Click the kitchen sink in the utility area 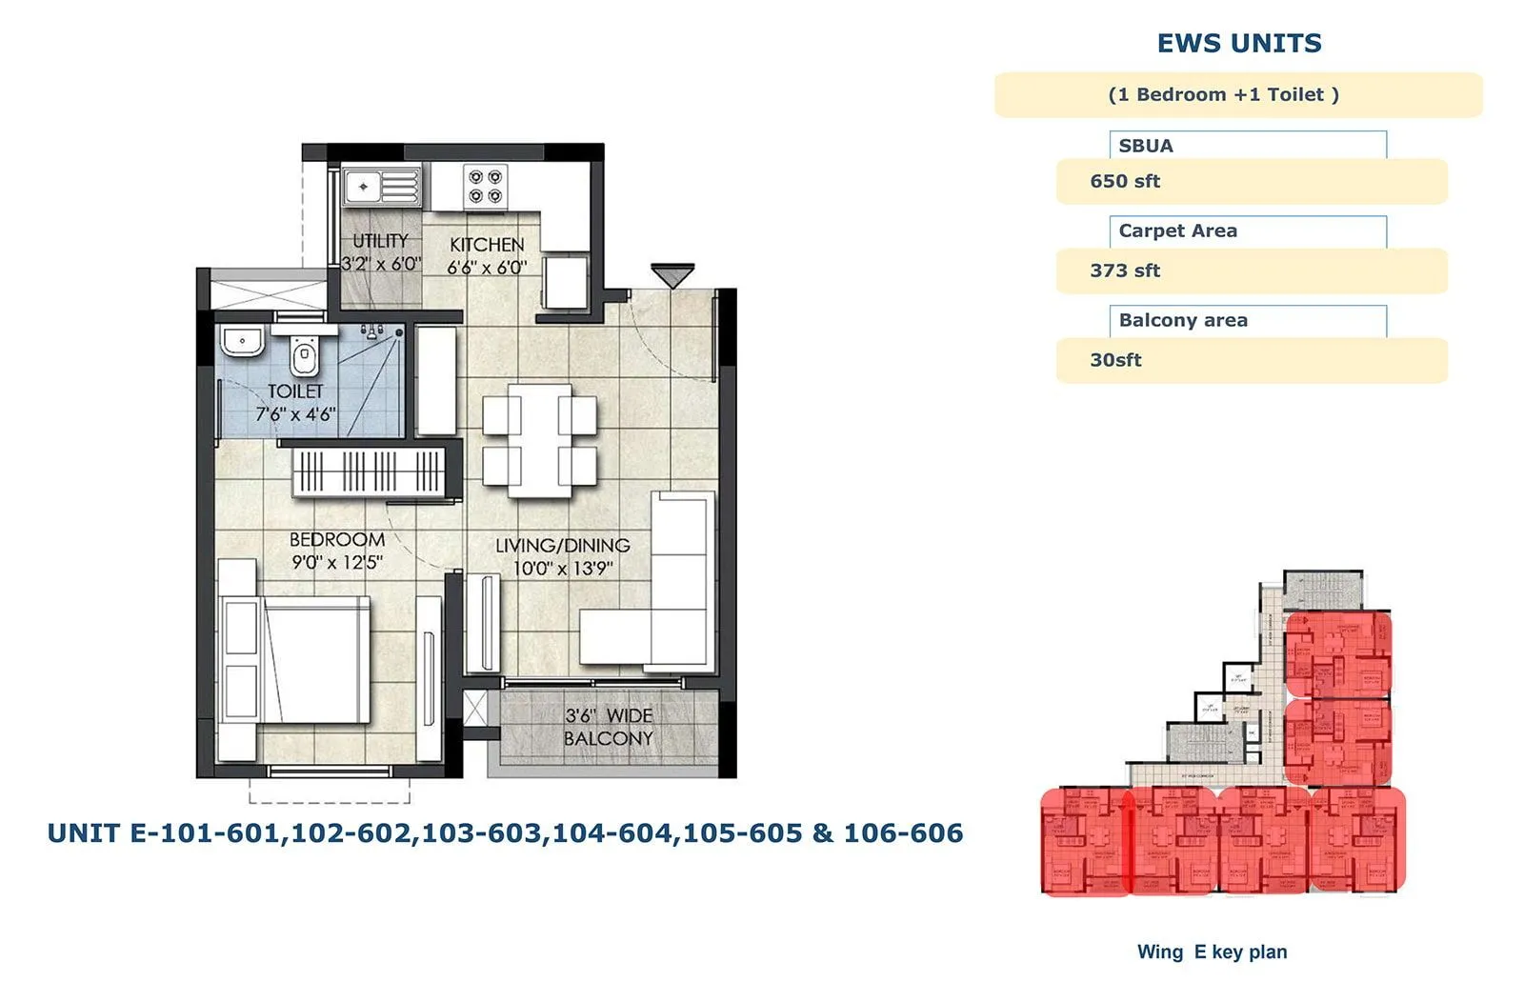[x=381, y=187]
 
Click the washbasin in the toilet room [x=243, y=340]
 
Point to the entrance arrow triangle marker [x=672, y=275]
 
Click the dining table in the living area [x=540, y=440]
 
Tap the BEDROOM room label [x=337, y=539]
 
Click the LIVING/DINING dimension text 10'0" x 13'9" [x=563, y=569]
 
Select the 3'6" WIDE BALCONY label [x=609, y=727]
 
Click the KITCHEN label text [x=487, y=245]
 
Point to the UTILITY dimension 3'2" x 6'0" [x=381, y=264]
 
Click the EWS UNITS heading [x=1238, y=44]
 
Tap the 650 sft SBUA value [x=1125, y=181]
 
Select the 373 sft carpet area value [x=1125, y=271]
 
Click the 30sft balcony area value [x=1115, y=360]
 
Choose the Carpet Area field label [x=1177, y=230]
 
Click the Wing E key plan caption [x=1212, y=952]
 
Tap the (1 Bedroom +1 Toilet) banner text [x=1223, y=94]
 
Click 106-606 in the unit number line [x=903, y=833]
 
